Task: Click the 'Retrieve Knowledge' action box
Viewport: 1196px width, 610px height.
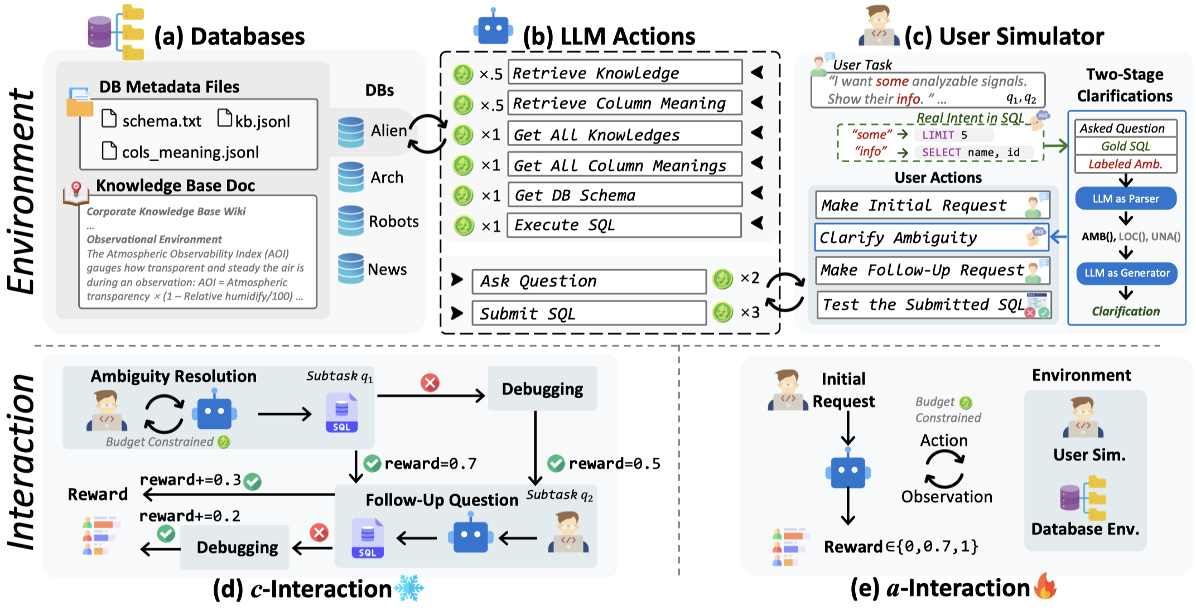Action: click(x=625, y=73)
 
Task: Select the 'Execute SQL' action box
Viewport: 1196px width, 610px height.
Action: click(x=624, y=225)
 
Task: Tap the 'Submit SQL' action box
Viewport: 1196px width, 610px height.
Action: click(x=589, y=313)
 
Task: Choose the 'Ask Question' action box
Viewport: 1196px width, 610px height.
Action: click(x=589, y=281)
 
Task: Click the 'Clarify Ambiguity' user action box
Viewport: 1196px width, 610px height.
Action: click(x=931, y=238)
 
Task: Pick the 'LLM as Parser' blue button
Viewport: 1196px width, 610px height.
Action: click(x=1126, y=199)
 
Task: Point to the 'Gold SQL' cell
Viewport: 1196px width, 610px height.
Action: click(x=1125, y=146)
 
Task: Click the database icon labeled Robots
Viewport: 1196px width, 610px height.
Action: click(x=351, y=221)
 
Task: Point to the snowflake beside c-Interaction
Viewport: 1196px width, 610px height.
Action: click(x=409, y=588)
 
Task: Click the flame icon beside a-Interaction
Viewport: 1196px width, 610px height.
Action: click(x=1045, y=587)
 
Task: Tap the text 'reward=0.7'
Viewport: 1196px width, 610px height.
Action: click(x=431, y=463)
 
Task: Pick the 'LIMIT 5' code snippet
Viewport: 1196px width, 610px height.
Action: click(x=945, y=135)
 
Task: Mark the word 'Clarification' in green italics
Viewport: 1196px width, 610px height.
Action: click(x=1126, y=311)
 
